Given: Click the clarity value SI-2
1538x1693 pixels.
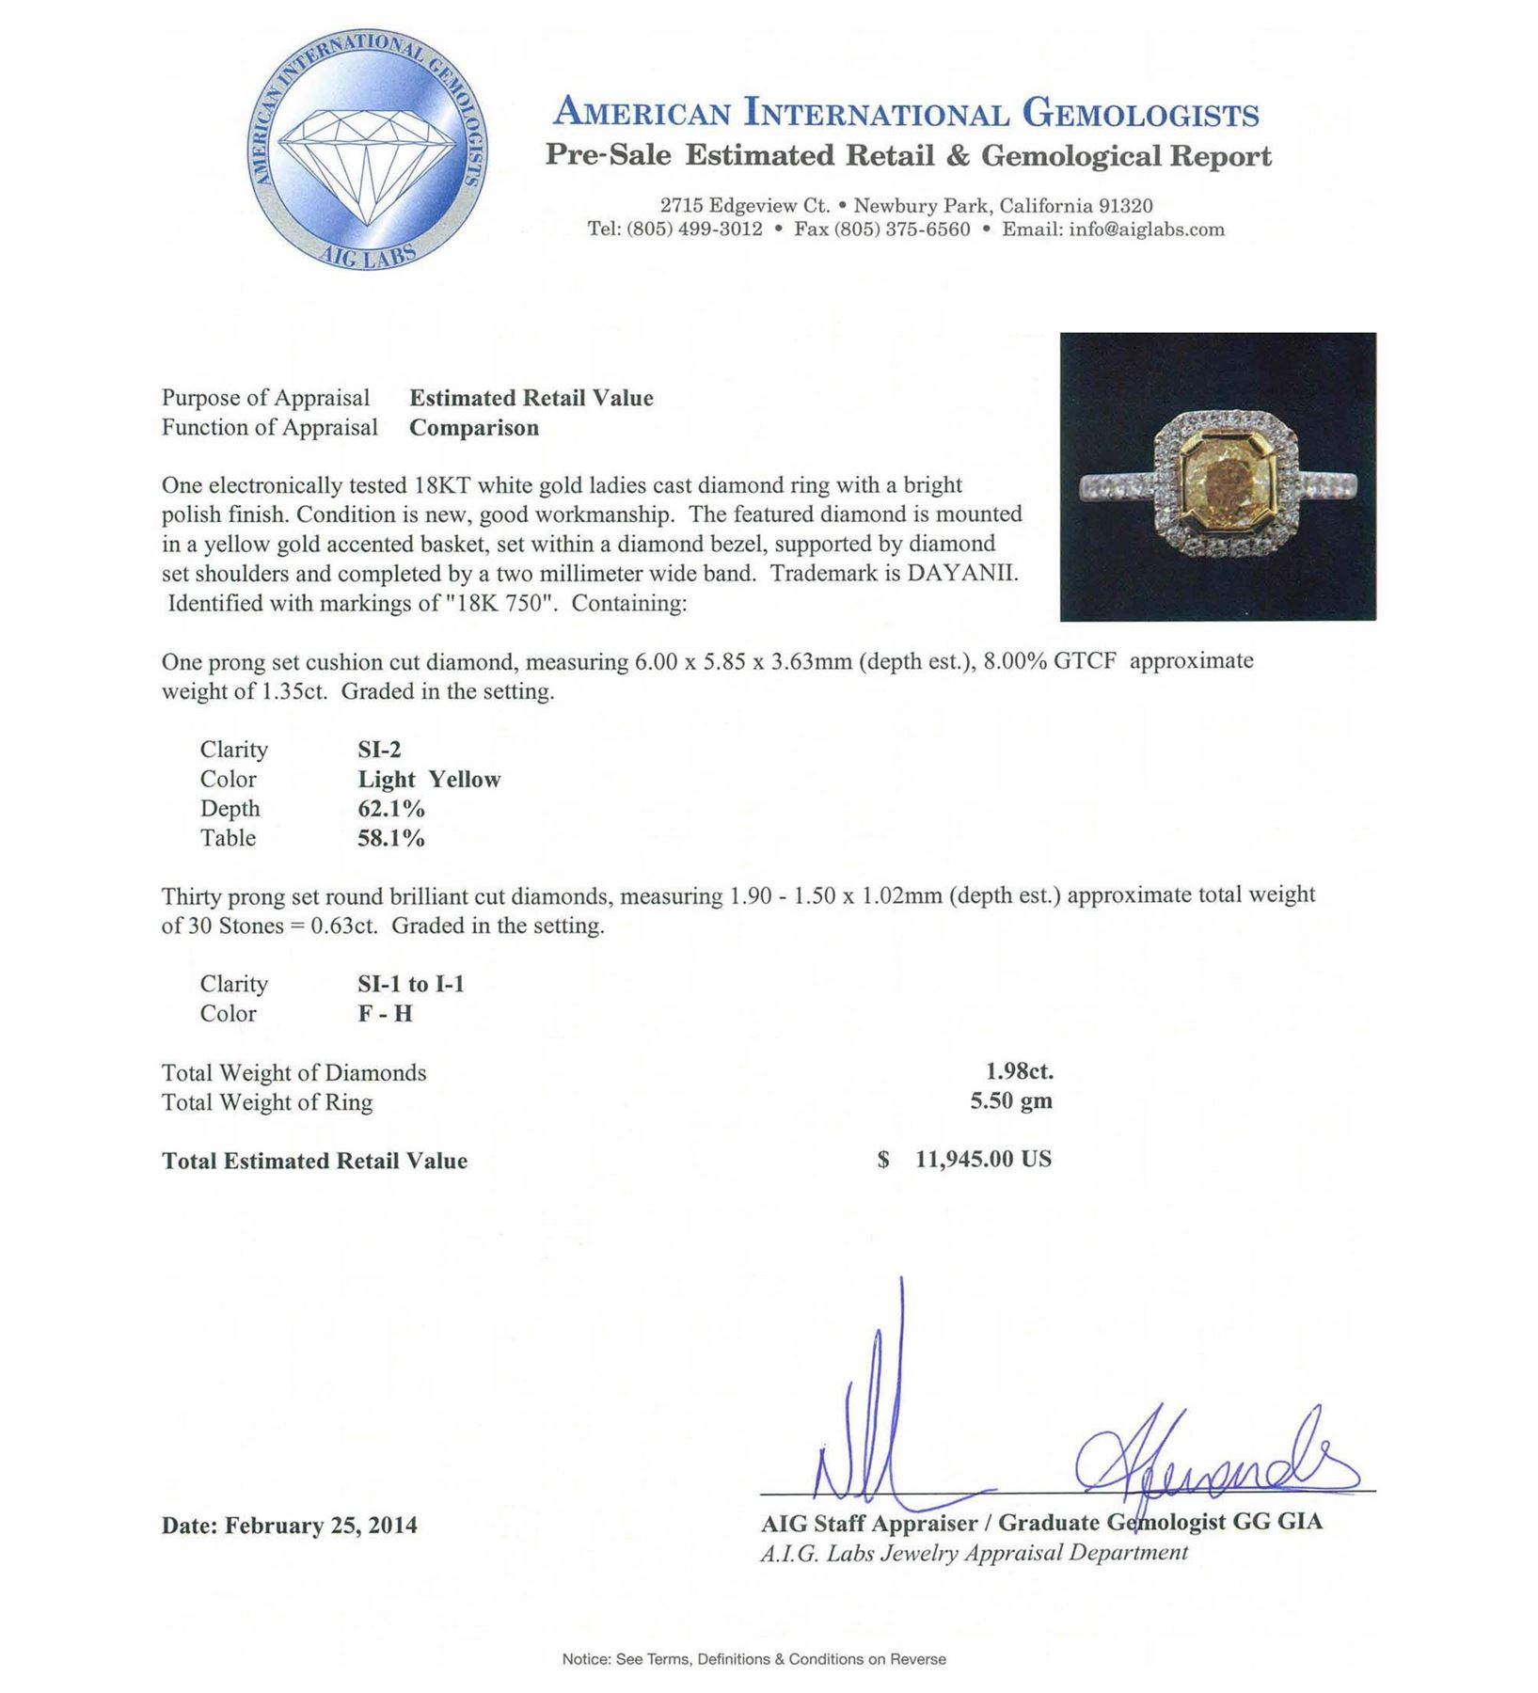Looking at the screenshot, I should (x=379, y=750).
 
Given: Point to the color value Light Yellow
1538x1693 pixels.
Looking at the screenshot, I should (x=429, y=780).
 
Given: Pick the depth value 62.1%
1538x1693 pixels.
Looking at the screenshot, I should (x=391, y=809).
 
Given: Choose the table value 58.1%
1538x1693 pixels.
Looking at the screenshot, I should (x=391, y=838).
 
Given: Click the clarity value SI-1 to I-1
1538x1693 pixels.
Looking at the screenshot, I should (x=411, y=984).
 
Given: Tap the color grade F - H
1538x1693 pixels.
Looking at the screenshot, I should (x=385, y=1014).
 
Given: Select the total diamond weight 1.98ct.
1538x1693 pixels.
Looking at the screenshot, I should (x=1020, y=1071).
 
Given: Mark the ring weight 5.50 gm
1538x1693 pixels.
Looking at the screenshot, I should (x=1011, y=1101).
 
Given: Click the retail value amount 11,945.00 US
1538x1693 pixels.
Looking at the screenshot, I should (x=983, y=1159).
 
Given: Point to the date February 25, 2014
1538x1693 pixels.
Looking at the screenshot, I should (x=321, y=1525).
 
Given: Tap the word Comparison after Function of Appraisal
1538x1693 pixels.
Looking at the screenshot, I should (x=474, y=428).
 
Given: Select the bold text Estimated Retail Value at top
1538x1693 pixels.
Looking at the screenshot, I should (x=531, y=398).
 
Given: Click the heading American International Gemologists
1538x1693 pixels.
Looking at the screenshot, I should (x=906, y=113).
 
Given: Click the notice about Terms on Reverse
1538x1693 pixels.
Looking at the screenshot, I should (x=753, y=1659).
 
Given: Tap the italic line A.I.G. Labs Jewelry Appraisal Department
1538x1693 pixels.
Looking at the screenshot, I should (x=974, y=1552).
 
